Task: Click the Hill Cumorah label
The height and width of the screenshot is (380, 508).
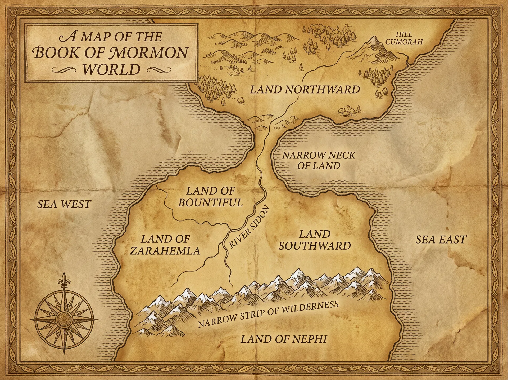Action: pos(404,38)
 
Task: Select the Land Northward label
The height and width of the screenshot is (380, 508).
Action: pos(305,90)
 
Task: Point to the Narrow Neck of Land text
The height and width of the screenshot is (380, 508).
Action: pos(319,160)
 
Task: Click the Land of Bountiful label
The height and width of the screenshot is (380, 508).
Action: pos(210,197)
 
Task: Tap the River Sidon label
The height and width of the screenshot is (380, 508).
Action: pos(249,227)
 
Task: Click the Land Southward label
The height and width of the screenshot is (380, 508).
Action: pos(315,240)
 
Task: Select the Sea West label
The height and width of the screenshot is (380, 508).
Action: pos(64,204)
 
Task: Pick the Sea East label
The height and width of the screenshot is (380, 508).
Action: pos(441,240)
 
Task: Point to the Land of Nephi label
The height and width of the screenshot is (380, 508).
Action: pos(284,339)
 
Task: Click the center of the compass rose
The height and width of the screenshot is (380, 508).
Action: pos(64,317)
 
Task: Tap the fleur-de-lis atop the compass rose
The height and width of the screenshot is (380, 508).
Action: pos(63,280)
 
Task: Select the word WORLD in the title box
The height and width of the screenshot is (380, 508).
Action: pos(111,69)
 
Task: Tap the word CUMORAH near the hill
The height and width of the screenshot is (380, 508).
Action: pos(404,42)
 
